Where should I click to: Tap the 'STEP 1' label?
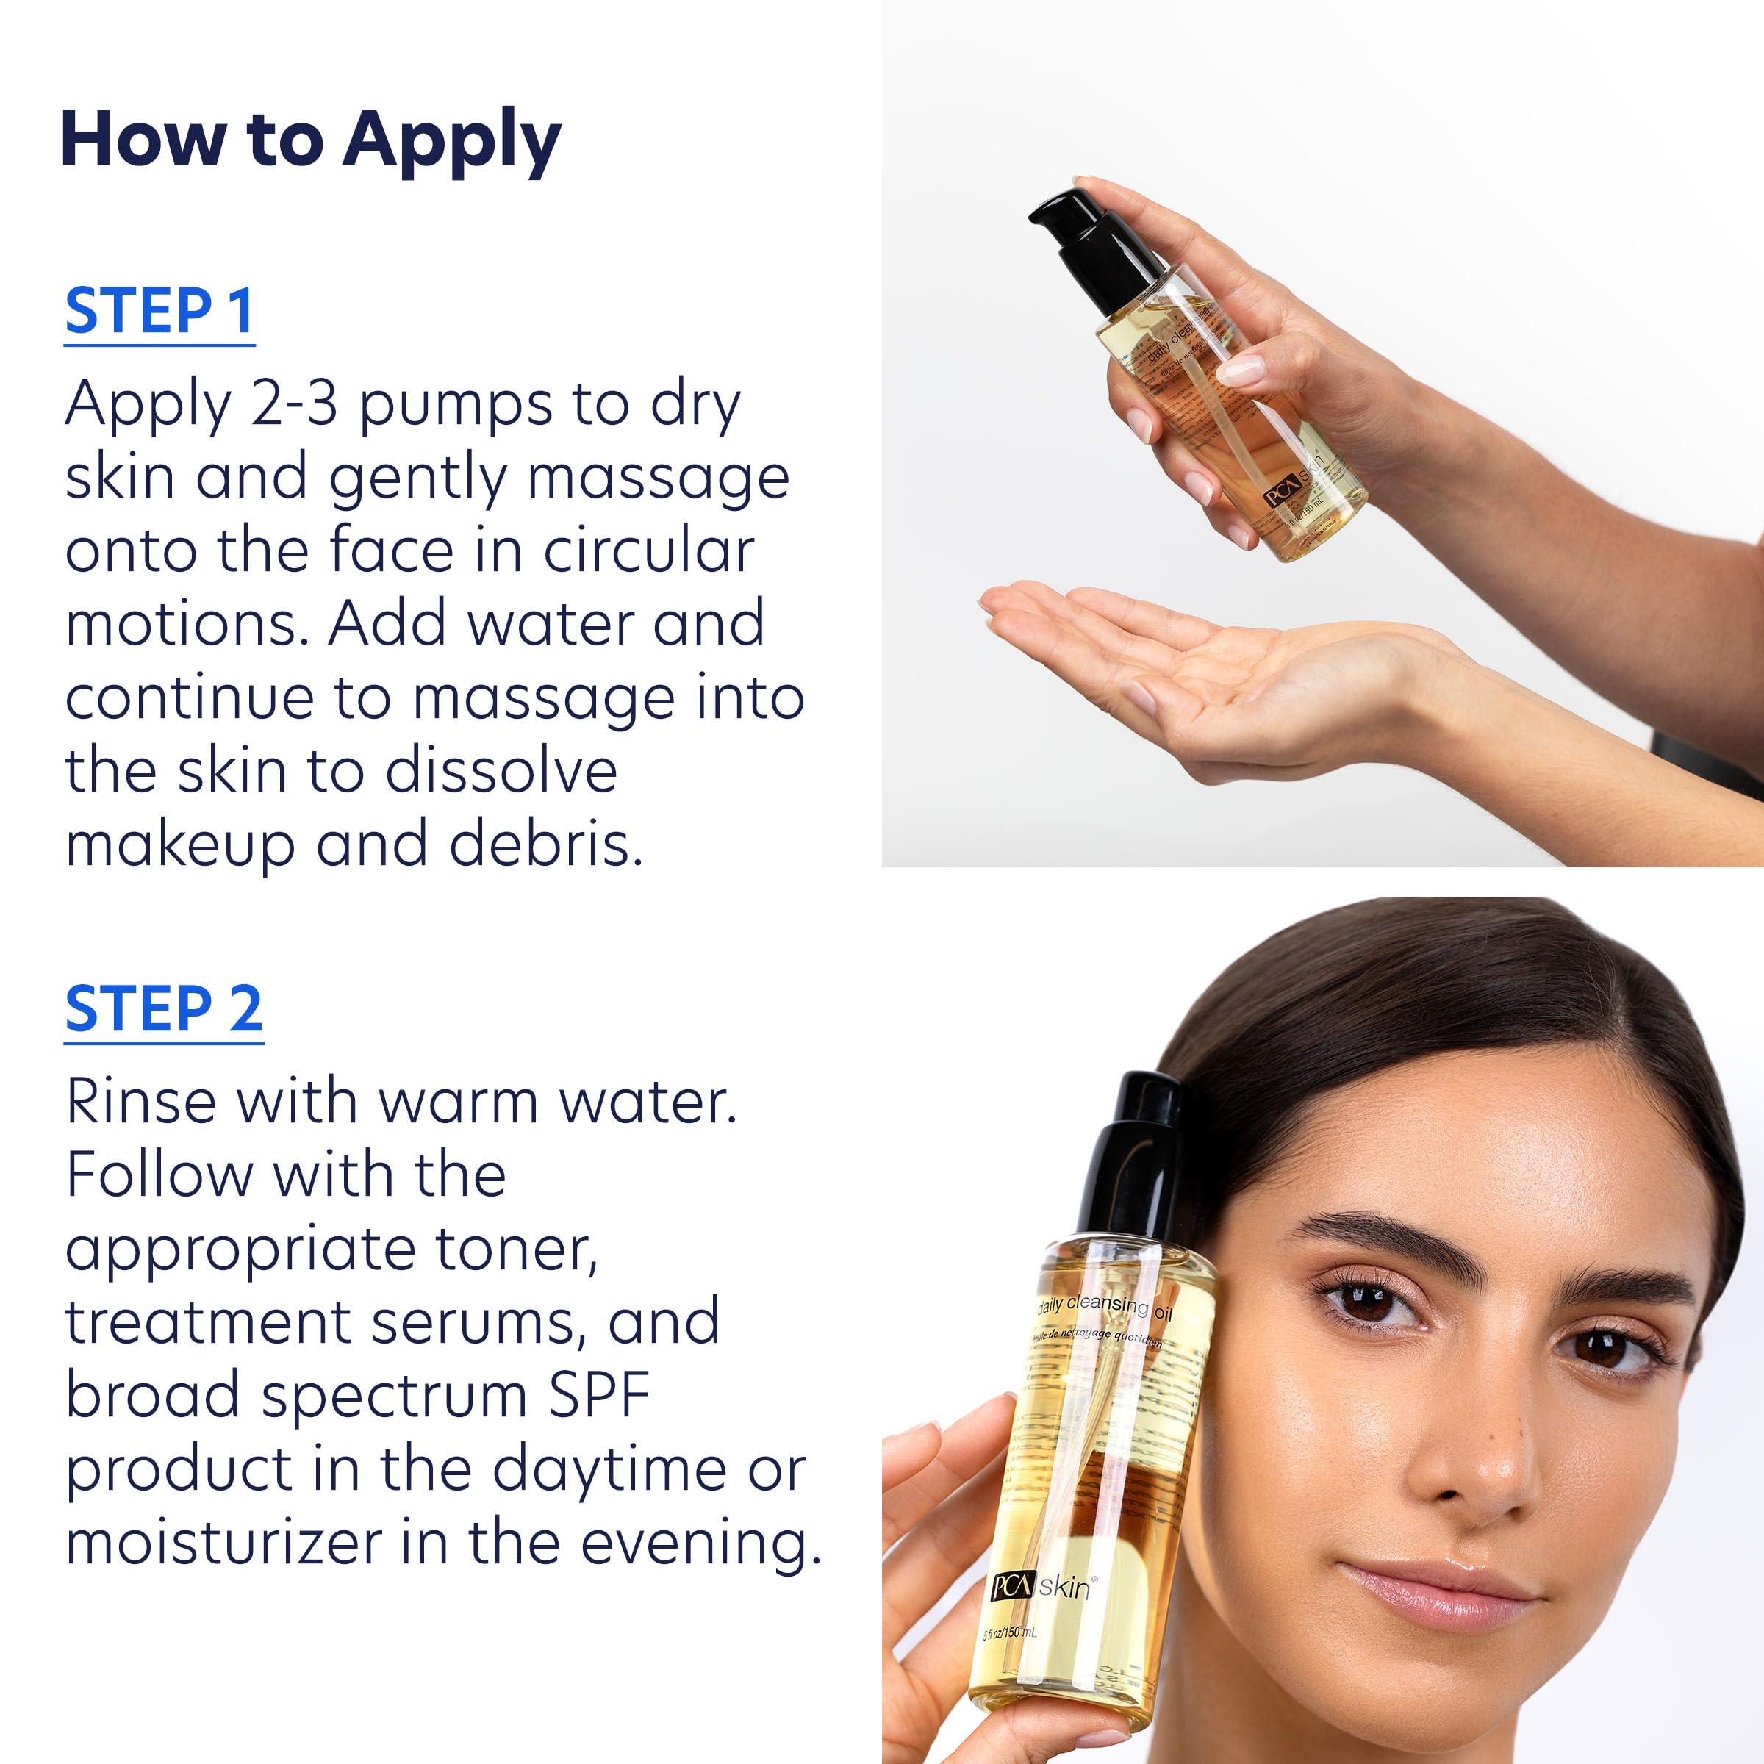159,312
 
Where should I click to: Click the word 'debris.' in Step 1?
546,845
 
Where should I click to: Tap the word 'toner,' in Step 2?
517,1248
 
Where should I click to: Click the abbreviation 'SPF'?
599,1395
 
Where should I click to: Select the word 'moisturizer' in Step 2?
223,1542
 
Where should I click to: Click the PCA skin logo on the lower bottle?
1041,1588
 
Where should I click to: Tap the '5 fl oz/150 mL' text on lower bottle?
1009,1633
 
